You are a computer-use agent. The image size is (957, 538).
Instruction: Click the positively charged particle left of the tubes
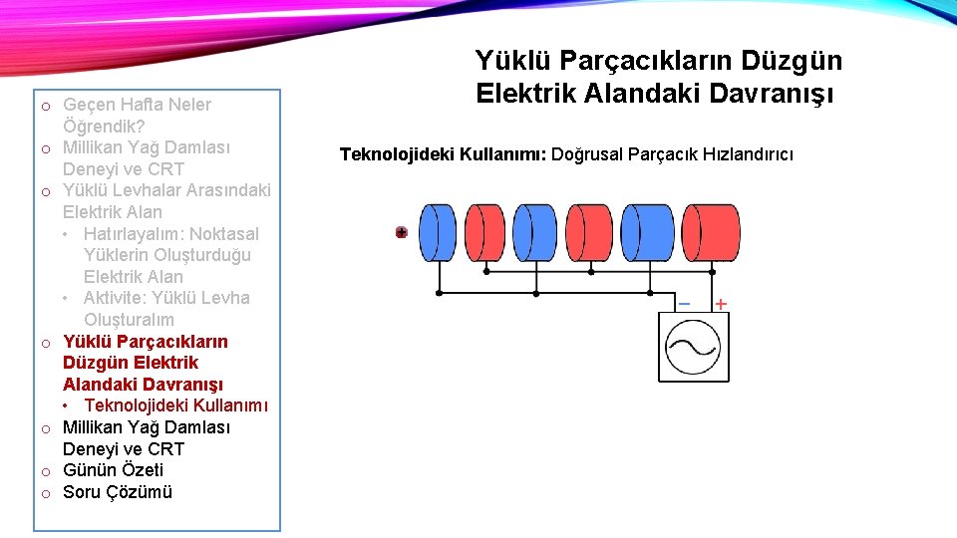click(x=401, y=232)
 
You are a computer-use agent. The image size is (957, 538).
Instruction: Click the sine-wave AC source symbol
click(x=693, y=346)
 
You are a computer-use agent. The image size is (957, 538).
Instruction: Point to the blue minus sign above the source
click(x=684, y=303)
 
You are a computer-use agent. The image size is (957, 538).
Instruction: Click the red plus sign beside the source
click(x=720, y=303)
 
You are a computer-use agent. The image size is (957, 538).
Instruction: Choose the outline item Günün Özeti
click(x=113, y=470)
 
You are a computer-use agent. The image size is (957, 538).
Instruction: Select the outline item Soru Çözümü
click(x=118, y=492)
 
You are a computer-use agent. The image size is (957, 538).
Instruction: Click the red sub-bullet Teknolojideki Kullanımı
click(x=175, y=405)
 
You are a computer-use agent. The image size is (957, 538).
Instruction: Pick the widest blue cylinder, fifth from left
click(x=650, y=232)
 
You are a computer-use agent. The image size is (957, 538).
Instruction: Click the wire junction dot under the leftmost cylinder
click(x=441, y=294)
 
